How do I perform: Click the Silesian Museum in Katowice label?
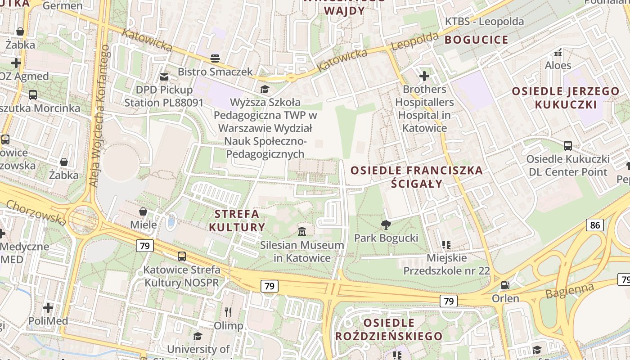point(302,252)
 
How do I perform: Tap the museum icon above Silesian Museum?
point(302,232)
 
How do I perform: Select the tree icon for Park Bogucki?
point(386,225)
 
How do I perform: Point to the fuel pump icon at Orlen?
point(505,285)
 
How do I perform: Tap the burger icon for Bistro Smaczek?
point(215,58)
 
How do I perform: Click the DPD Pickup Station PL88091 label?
point(164,96)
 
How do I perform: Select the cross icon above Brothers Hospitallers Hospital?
point(424,76)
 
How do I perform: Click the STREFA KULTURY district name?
point(237,220)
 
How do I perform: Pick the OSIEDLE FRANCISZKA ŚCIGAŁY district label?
point(416,177)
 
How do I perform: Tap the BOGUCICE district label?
point(477,40)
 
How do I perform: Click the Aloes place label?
point(558,66)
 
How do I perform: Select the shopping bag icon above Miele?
point(143,211)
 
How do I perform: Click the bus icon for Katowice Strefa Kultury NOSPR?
point(182,256)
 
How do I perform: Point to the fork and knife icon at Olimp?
point(228,312)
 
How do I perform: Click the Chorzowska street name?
point(36,212)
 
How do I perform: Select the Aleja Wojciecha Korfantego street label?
point(99,116)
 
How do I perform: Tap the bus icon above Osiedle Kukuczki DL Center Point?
point(568,146)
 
